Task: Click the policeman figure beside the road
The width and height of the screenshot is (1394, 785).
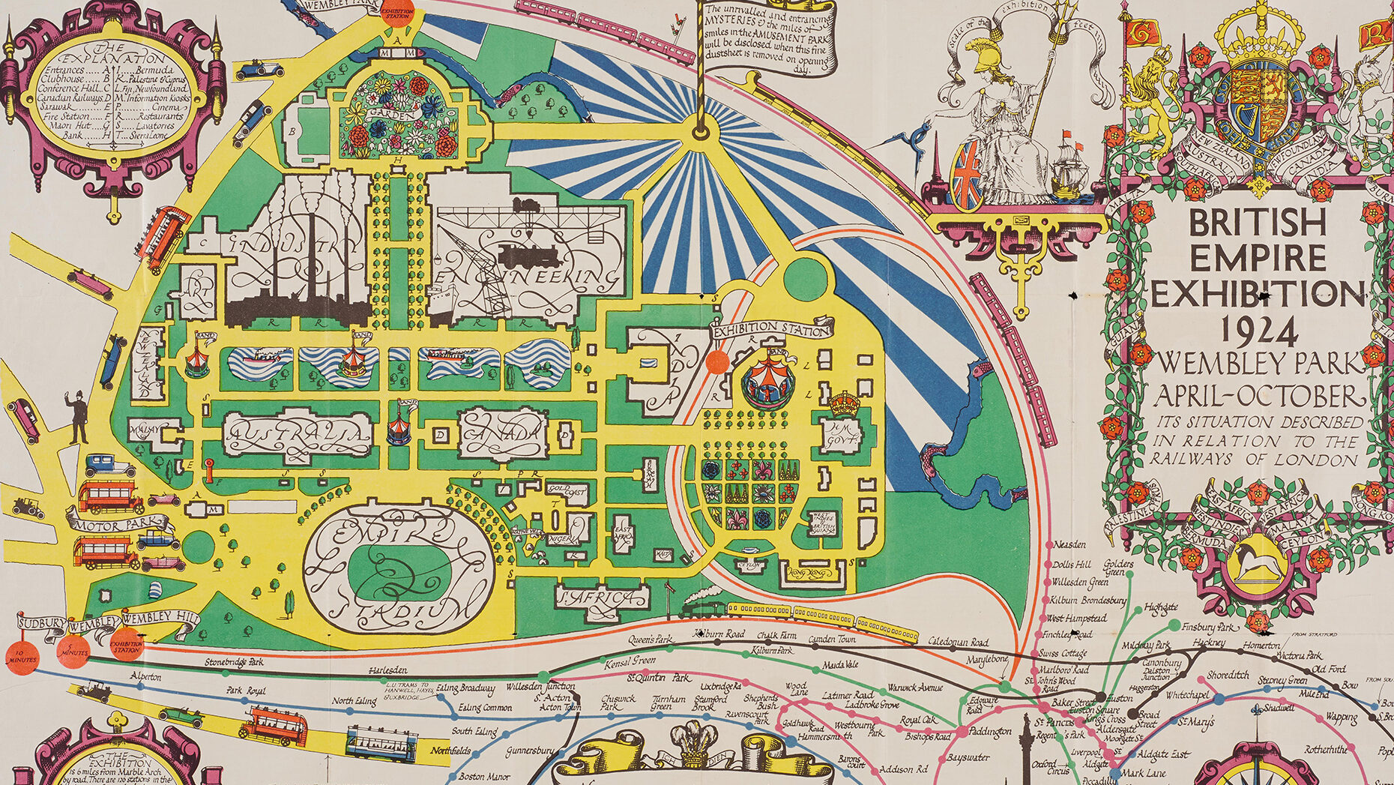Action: coord(77,418)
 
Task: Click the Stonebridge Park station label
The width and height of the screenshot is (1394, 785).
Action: coord(234,663)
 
